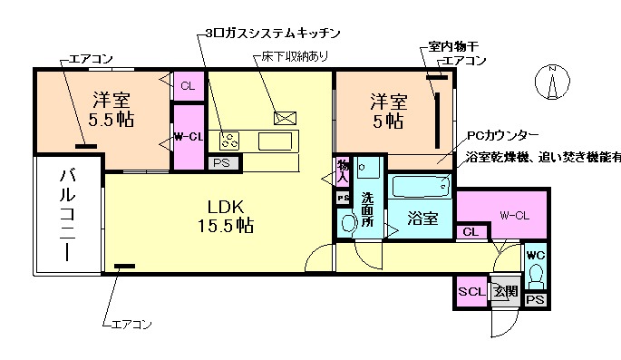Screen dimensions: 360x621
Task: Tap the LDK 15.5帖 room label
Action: (x=222, y=213)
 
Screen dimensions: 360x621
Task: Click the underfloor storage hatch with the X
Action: (x=285, y=117)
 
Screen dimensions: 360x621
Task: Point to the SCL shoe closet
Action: (x=471, y=292)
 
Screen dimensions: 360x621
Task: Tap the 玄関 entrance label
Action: (x=504, y=292)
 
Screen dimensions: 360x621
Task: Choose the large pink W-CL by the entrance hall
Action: (x=513, y=215)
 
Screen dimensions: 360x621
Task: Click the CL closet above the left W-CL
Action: (x=188, y=86)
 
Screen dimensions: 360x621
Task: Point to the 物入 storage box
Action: (x=343, y=171)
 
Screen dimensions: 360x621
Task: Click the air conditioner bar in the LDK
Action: (x=124, y=266)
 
